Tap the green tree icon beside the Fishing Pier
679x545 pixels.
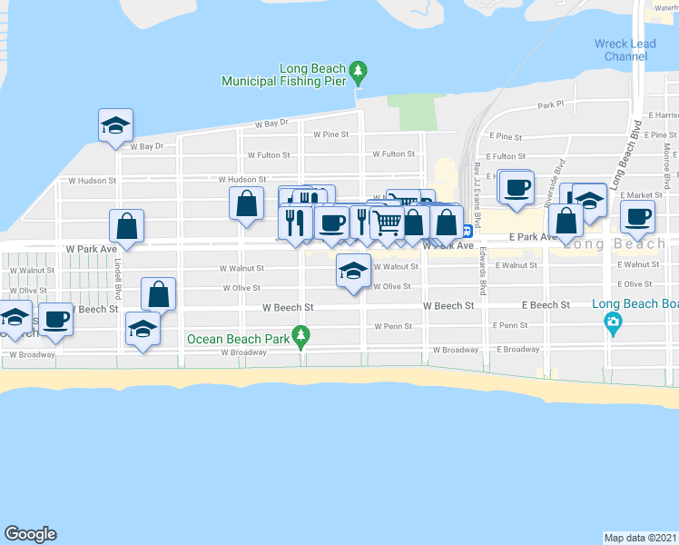[359, 69]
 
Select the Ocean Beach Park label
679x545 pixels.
[238, 339]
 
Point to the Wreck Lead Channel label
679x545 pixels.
[621, 50]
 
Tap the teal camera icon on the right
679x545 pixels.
[613, 322]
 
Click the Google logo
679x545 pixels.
[30, 534]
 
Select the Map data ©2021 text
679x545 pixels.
[641, 537]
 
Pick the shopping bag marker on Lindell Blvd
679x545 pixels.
[127, 226]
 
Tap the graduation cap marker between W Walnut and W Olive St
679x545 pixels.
[353, 270]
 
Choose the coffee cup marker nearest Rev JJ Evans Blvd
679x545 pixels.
[517, 188]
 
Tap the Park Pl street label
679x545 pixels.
[550, 105]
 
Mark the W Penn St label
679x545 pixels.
[394, 326]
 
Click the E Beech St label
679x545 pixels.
[545, 306]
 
